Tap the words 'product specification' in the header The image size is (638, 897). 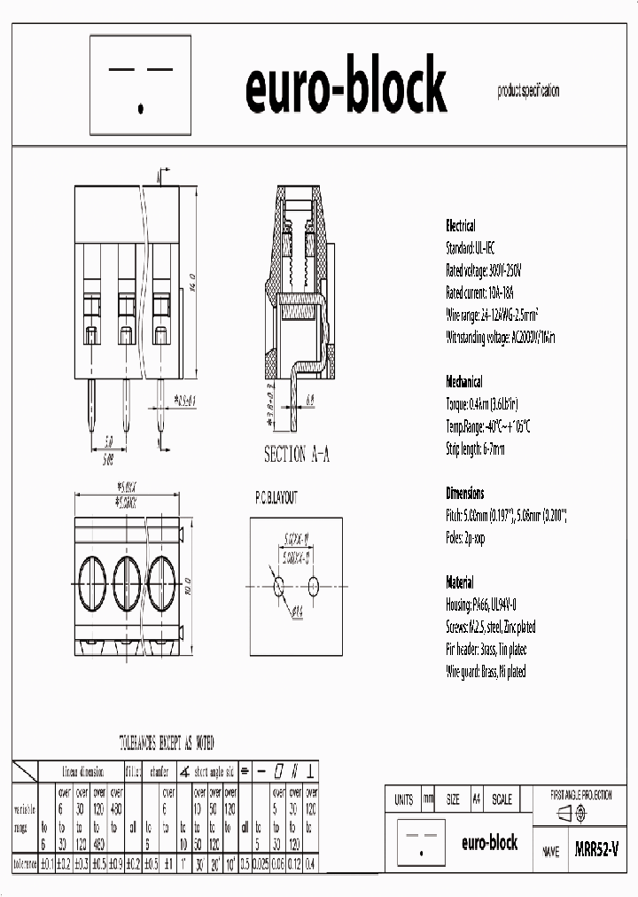pos(528,91)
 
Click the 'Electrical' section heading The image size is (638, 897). pos(460,226)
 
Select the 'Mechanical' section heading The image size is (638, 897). pos(463,382)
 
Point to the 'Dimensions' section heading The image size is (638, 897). pos(464,494)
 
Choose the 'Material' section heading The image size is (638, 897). pos(460,582)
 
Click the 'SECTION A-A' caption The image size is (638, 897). pos(297,455)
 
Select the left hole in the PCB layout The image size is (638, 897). pos(279,586)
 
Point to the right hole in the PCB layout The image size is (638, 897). pos(314,586)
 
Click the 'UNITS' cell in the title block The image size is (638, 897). pos(403,799)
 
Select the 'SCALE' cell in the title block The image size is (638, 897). pos(501,799)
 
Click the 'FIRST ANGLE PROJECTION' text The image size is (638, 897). pos(580,795)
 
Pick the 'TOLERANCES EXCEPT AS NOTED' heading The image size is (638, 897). pos(167,743)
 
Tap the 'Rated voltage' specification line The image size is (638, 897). pos(484,270)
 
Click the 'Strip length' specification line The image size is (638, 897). pos(475,448)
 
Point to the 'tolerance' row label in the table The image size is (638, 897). pos(25,862)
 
